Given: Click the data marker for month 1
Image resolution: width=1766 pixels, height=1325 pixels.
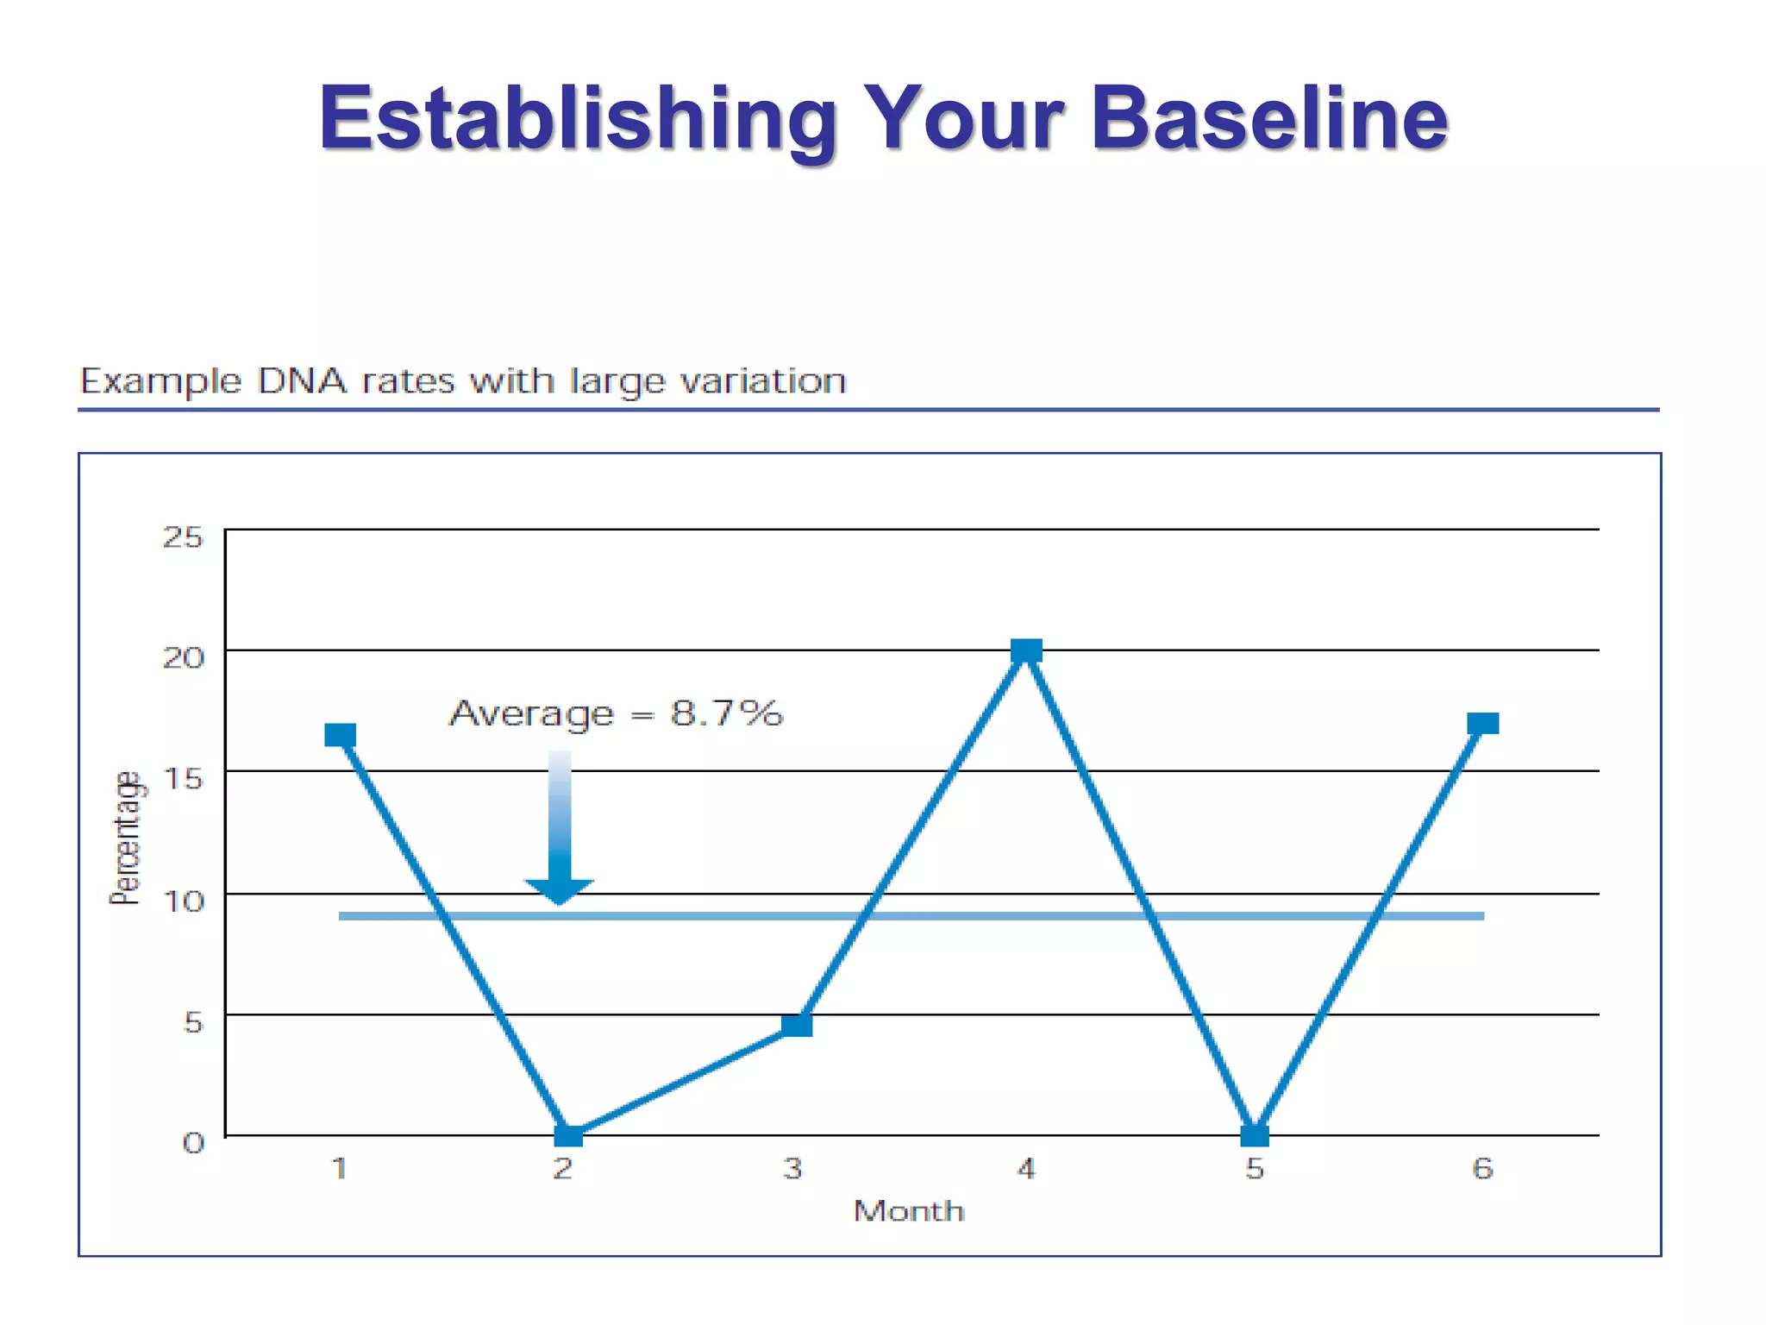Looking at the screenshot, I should (340, 735).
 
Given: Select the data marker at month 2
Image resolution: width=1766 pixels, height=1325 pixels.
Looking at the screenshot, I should (567, 1135).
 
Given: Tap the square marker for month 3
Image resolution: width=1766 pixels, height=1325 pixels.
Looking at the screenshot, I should (797, 1025).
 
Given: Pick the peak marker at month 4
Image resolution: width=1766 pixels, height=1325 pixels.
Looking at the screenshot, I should (1026, 650).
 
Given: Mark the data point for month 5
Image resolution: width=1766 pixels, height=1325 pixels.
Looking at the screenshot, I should (1255, 1135).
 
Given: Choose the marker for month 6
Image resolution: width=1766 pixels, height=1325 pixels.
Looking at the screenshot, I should (1483, 723).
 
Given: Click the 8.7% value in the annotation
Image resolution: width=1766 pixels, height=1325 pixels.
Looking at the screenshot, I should (726, 713).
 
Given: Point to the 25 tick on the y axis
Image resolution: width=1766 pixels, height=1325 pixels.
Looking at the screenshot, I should (183, 537).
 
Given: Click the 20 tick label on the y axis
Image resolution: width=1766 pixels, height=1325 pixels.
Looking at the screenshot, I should (183, 658).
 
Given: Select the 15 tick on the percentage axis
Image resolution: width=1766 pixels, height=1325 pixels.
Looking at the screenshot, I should (183, 779).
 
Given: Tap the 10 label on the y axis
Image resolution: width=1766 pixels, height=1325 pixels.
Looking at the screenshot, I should (183, 901).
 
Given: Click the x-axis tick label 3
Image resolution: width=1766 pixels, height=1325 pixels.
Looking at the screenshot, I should (792, 1169).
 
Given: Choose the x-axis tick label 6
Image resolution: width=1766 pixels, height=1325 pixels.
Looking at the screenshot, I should (1482, 1169).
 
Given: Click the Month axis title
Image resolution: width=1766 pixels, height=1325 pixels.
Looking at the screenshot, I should (909, 1211).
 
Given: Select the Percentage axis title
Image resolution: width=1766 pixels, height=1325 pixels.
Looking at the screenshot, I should (126, 838).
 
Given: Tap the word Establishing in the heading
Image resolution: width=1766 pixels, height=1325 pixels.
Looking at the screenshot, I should (578, 121).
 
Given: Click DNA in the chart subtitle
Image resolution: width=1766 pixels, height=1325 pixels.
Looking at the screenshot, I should (302, 380).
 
